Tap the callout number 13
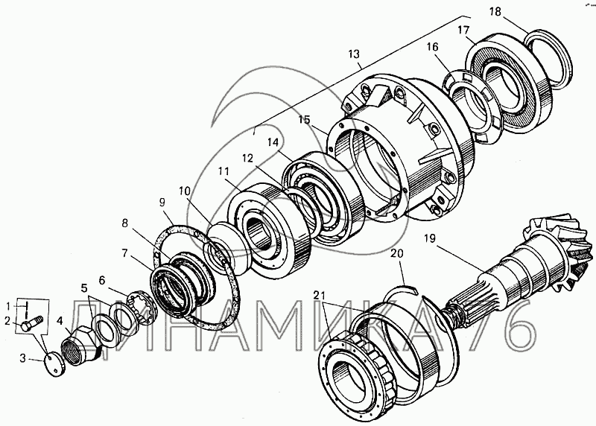[353, 54]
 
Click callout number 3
[22, 359]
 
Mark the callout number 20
[397, 254]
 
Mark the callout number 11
[223, 171]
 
